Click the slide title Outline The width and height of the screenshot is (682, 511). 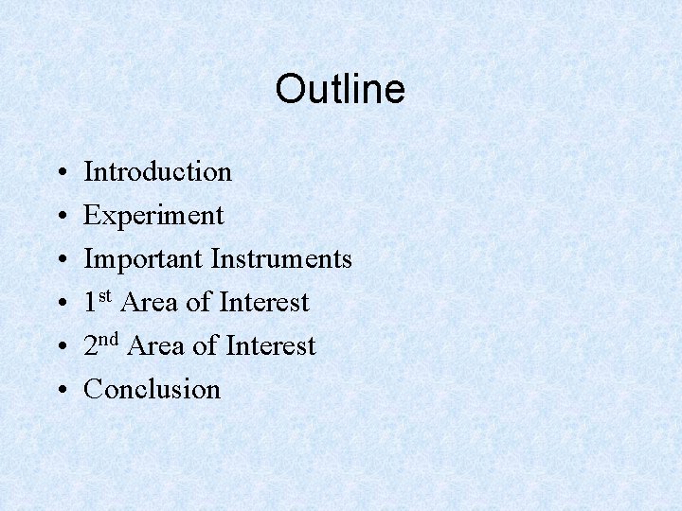340,90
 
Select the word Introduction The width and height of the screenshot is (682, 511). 157,172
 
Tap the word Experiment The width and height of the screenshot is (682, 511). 153,216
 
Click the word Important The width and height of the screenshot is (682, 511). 143,259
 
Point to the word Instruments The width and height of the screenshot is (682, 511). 281,259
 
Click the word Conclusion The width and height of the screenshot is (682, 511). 152,389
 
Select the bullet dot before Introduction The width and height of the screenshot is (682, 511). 60,173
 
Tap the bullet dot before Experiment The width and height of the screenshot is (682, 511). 60,217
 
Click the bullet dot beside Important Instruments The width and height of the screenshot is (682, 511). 60,260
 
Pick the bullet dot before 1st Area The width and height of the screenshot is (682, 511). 60,304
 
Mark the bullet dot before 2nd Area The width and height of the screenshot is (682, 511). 60,347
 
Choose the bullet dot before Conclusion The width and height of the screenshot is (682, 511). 60,391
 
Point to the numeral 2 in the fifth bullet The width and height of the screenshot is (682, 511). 91,346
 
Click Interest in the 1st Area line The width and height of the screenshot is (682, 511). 264,303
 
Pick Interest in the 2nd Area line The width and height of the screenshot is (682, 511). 271,346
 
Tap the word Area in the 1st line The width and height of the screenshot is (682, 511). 150,303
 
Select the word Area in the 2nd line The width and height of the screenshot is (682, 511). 156,346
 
